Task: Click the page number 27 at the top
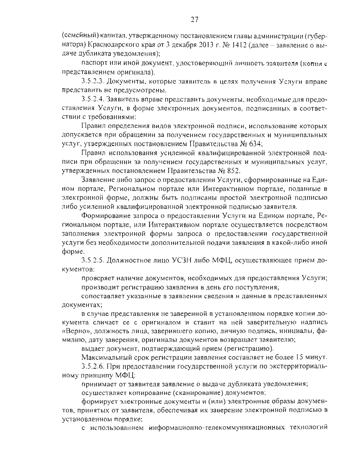pos(194,20)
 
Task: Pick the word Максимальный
pos(102,357)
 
